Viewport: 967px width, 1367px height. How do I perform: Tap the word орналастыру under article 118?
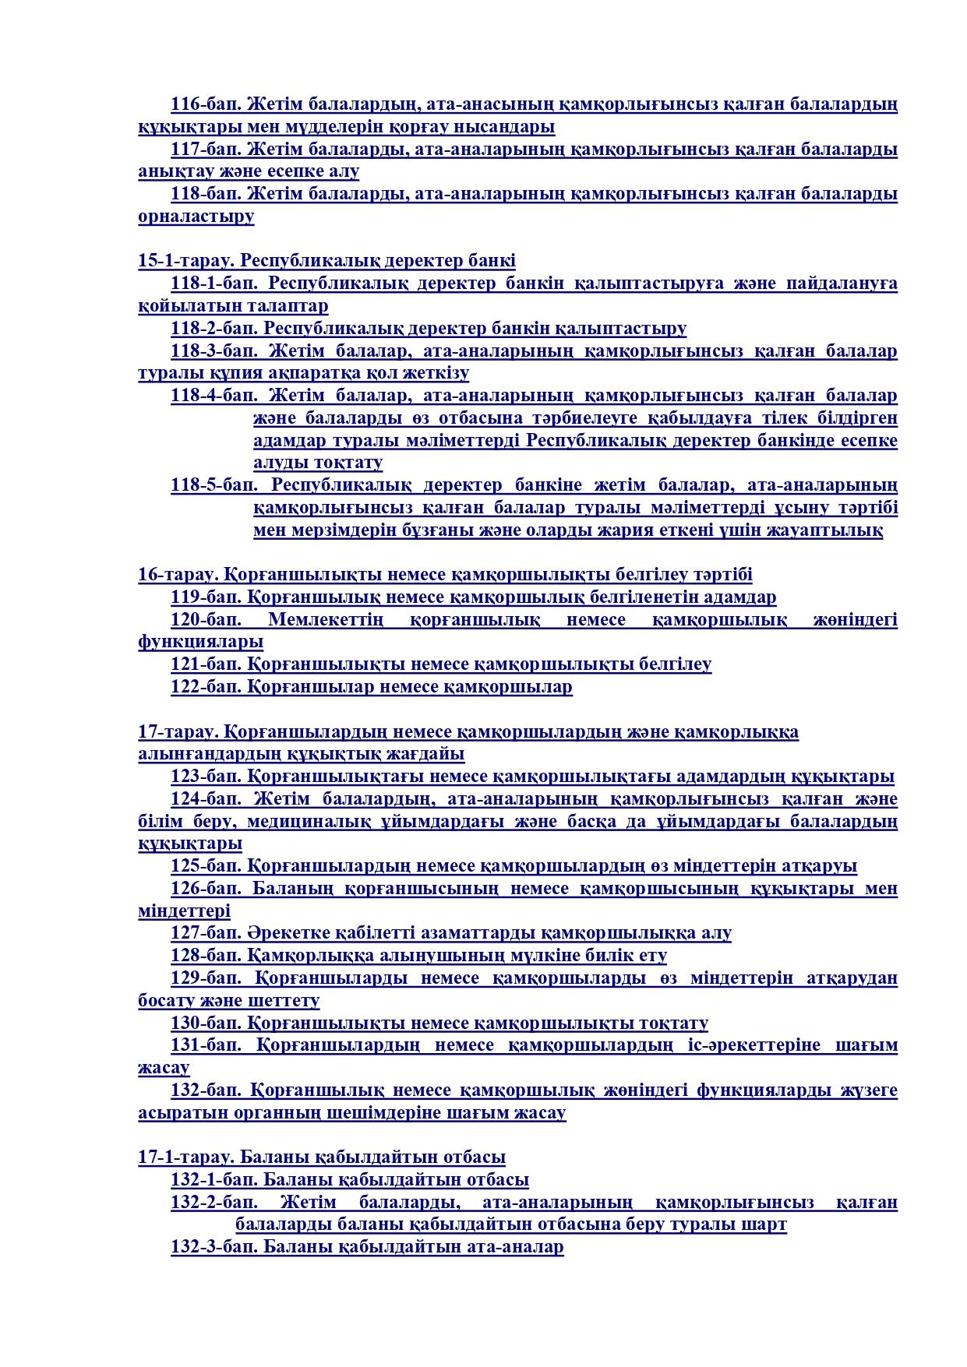click(196, 217)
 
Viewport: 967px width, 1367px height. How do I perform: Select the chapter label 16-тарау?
click(178, 575)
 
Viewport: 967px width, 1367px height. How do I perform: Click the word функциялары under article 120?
click(200, 643)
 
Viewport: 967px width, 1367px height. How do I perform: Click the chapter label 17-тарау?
click(178, 732)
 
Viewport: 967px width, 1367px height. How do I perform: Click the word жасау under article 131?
click(164, 1068)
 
